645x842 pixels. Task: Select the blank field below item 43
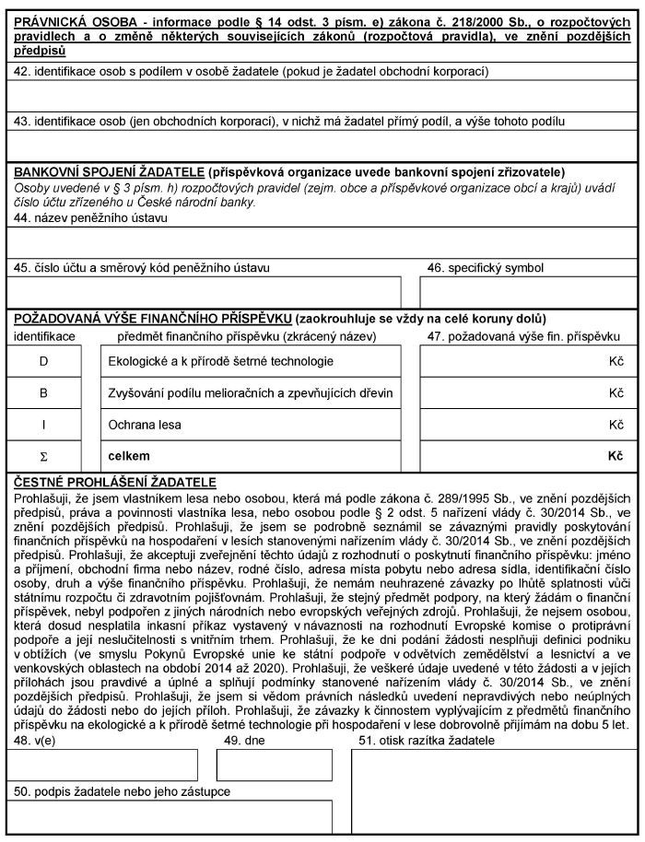[322, 145]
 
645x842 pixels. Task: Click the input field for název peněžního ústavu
[322, 241]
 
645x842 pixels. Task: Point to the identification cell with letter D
[43, 361]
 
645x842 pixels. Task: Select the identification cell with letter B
[43, 392]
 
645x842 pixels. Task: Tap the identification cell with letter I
[43, 424]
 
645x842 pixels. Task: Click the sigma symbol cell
[43, 455]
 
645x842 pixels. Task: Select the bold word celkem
[129, 455]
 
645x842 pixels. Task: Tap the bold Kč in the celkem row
[616, 455]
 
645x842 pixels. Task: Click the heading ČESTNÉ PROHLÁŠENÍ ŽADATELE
[111, 482]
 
